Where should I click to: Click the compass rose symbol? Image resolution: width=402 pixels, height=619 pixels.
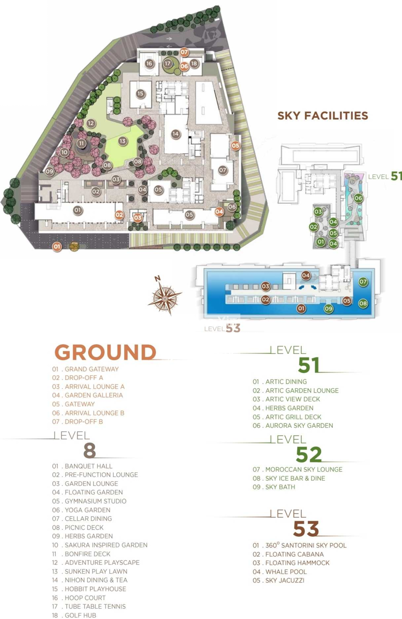tap(165, 298)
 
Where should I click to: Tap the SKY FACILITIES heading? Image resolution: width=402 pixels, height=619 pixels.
tap(322, 115)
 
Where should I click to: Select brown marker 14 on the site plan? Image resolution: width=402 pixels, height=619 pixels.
tap(175, 134)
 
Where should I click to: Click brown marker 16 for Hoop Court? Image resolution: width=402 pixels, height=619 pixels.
tap(149, 64)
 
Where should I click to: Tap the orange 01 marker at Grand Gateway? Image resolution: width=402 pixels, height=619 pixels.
tap(57, 246)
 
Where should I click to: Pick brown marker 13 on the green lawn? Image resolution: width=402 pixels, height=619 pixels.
tap(122, 141)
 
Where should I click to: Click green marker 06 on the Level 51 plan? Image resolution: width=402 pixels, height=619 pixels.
tap(358, 198)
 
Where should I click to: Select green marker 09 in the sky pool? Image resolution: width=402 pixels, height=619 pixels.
tap(329, 309)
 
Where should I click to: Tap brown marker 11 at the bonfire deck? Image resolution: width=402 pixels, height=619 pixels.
tap(81, 144)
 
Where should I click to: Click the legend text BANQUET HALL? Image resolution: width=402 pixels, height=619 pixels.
tap(88, 466)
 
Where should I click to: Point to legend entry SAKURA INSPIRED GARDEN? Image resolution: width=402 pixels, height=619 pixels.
tap(106, 545)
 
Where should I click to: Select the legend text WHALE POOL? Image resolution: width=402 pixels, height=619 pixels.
tap(286, 572)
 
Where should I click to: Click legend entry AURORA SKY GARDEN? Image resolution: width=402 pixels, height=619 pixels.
tap(299, 425)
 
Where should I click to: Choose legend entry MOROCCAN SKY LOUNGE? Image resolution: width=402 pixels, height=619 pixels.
tap(303, 469)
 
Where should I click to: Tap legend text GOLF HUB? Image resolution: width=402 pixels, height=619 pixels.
tap(80, 615)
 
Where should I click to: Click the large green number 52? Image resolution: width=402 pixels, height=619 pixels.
tap(308, 454)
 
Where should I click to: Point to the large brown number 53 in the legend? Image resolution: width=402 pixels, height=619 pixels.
tap(306, 529)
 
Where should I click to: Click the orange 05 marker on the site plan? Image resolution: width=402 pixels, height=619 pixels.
tap(235, 145)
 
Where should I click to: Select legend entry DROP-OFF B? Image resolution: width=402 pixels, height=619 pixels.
tap(84, 422)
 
